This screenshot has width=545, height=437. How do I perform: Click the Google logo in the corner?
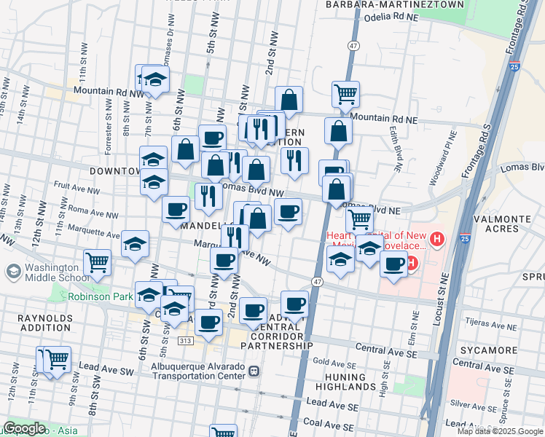[x=24, y=428]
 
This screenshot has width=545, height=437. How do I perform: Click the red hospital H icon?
[x=436, y=239]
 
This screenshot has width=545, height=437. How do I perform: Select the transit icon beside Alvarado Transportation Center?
[x=254, y=371]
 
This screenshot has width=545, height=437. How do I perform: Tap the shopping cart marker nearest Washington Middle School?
[x=98, y=262]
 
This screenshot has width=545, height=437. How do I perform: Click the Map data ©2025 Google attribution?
[x=500, y=431]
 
